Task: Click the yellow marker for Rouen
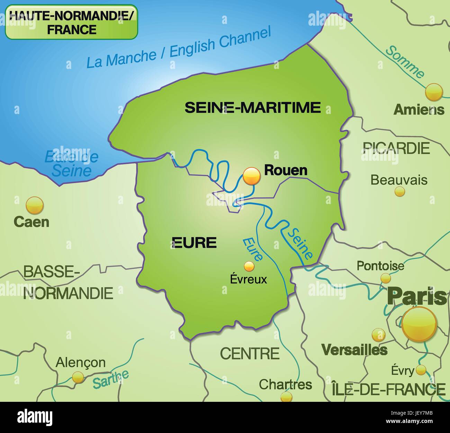point(252,176)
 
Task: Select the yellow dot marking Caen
point(35,205)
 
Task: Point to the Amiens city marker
point(434,92)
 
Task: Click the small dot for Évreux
point(249,266)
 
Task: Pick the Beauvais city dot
point(400,191)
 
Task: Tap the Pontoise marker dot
point(385,278)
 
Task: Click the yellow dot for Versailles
point(378,335)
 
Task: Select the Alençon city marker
point(78,377)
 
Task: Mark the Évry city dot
point(421,370)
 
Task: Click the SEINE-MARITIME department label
point(253,107)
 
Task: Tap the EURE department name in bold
point(194,242)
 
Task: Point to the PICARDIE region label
point(396,148)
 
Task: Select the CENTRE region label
point(250,353)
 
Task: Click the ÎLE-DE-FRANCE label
point(388,389)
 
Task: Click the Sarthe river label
point(111,379)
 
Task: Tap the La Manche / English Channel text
point(178,48)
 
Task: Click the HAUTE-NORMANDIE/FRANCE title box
point(72,22)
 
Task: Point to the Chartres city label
point(285,384)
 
